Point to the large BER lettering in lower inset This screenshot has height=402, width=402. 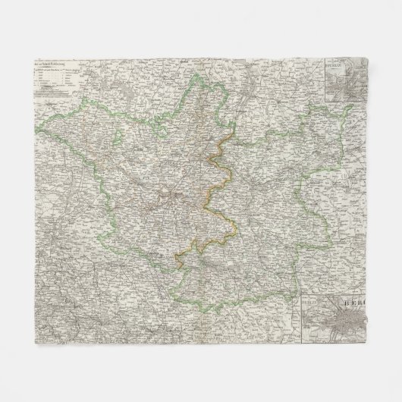tap(357, 301)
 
